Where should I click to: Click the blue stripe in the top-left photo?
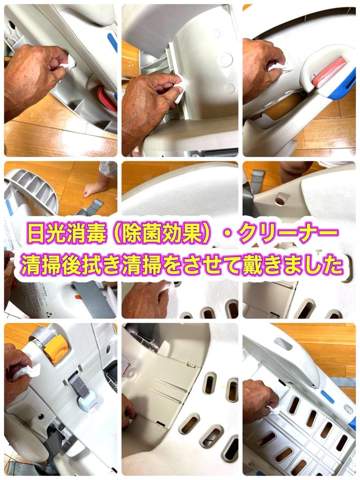pos(112,42)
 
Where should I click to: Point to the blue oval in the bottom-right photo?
pos(328,396)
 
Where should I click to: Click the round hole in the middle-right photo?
pos(280,201)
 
